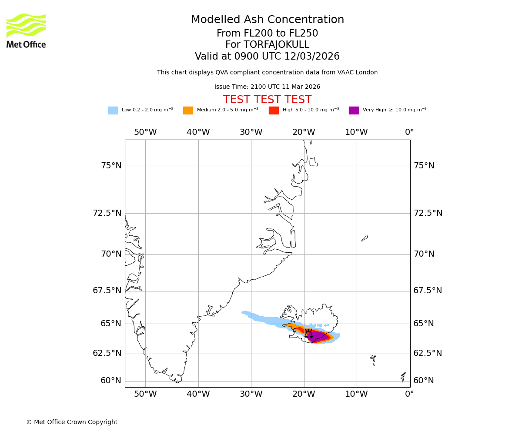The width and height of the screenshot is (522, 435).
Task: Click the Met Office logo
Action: coord(26,30)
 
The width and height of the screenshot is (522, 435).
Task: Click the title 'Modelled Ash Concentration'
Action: coord(267,20)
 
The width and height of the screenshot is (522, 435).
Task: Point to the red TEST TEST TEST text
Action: coord(267,100)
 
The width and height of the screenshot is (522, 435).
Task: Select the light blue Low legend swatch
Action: coord(113,110)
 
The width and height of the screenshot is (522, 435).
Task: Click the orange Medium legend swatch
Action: coord(188,110)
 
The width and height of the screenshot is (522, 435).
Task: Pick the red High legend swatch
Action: coord(274,110)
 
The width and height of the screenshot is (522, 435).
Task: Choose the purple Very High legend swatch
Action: coord(354,110)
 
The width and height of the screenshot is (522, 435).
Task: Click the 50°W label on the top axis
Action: coord(145,132)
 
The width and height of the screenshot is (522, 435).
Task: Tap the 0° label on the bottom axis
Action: coord(409,394)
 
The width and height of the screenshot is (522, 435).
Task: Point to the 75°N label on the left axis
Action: coord(111,166)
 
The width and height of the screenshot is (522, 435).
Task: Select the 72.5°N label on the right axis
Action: coord(428,213)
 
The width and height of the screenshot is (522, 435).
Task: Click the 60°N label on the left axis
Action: coord(111,381)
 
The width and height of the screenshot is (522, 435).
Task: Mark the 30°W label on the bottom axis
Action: coord(251,394)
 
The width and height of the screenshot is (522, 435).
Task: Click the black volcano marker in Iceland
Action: coord(308,334)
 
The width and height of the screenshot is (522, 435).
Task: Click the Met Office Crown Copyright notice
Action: coord(72,422)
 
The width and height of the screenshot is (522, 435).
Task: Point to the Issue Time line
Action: coord(267,87)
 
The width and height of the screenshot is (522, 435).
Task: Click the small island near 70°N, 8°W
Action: coord(365,238)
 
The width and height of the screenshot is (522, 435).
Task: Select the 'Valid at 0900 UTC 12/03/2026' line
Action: coord(267,57)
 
